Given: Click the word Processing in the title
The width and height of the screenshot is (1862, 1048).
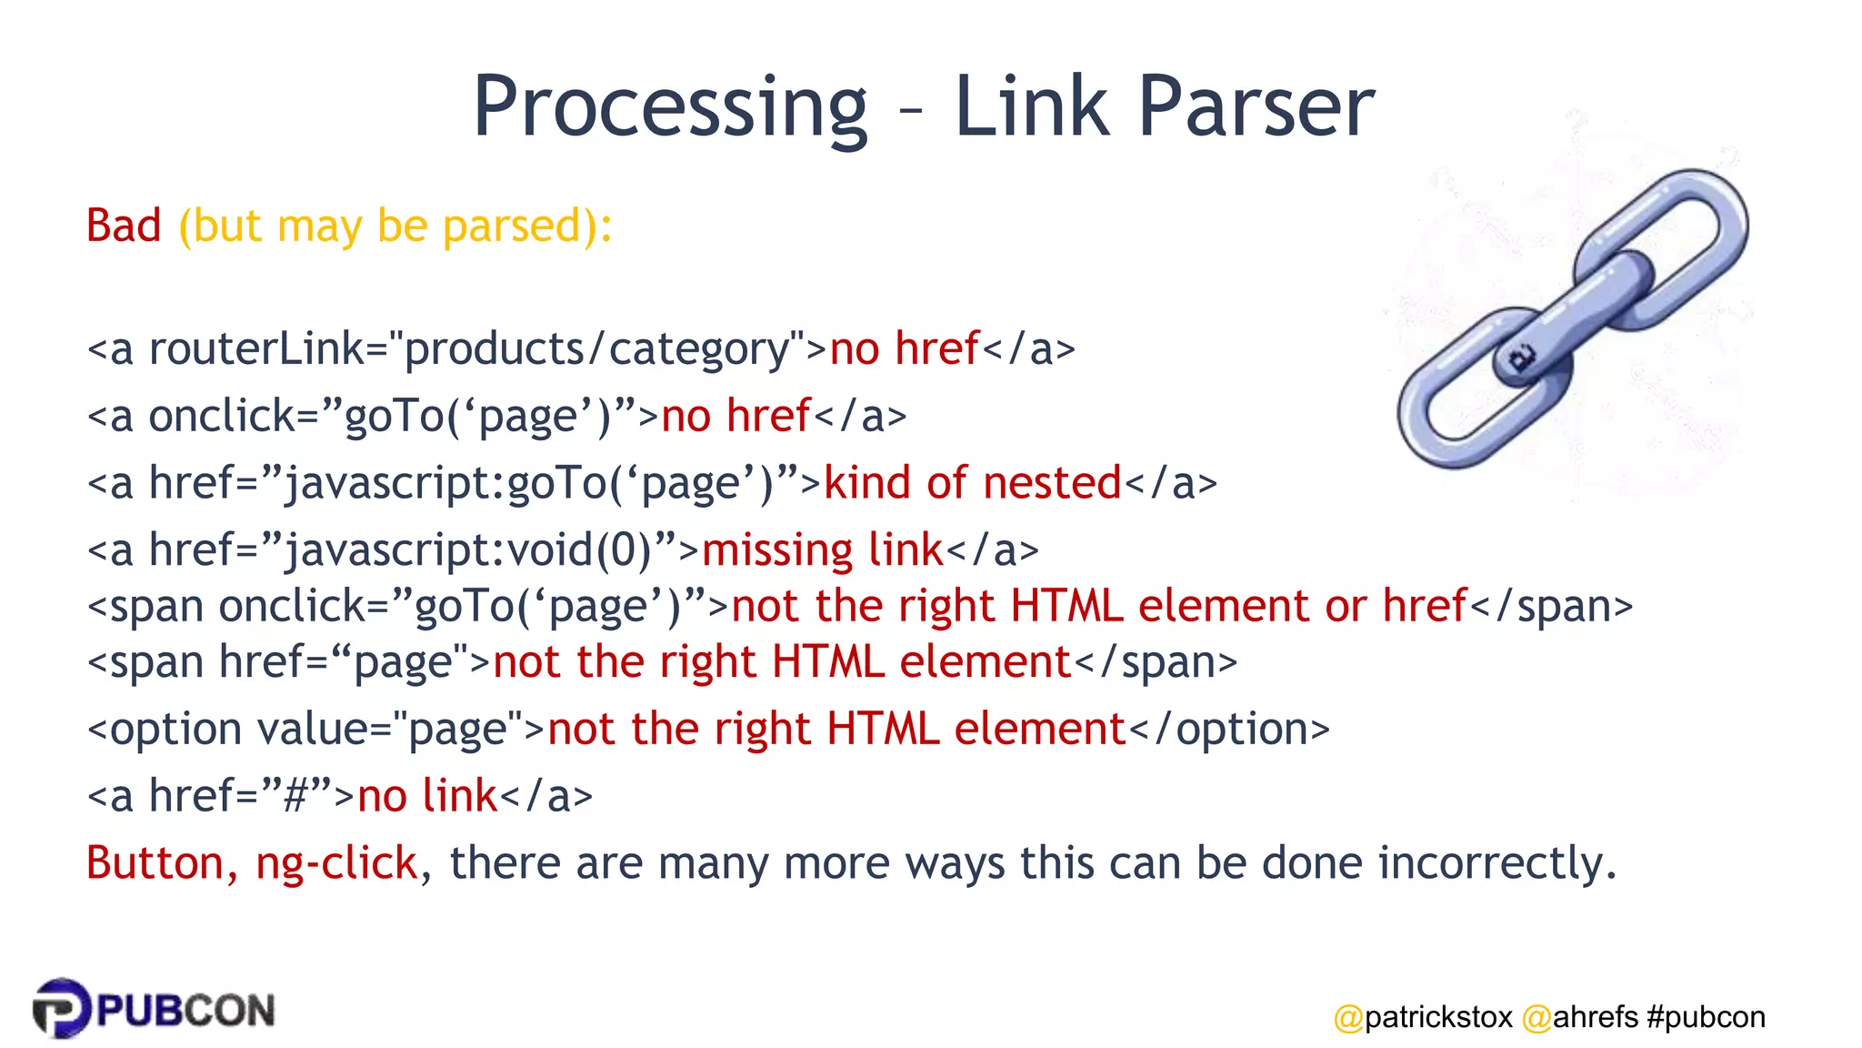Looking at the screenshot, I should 670,107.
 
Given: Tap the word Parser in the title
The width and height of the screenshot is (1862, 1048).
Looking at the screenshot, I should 1256,107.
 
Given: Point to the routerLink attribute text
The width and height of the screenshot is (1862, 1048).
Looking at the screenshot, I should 255,349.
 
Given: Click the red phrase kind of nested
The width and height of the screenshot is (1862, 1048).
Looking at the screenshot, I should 972,483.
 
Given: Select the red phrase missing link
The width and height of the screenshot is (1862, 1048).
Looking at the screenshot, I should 822,550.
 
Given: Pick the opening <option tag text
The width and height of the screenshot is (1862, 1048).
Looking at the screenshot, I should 165,729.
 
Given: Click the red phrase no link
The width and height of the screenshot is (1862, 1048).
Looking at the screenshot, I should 427,796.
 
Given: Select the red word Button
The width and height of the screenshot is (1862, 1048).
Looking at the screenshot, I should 155,862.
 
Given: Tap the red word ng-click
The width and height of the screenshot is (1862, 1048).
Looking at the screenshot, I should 336,863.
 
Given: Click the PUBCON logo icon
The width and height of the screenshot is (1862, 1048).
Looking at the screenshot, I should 62,1008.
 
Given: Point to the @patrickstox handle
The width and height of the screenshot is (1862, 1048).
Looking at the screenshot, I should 1423,1016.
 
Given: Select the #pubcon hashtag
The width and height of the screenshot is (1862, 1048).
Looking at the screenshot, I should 1706,1016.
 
